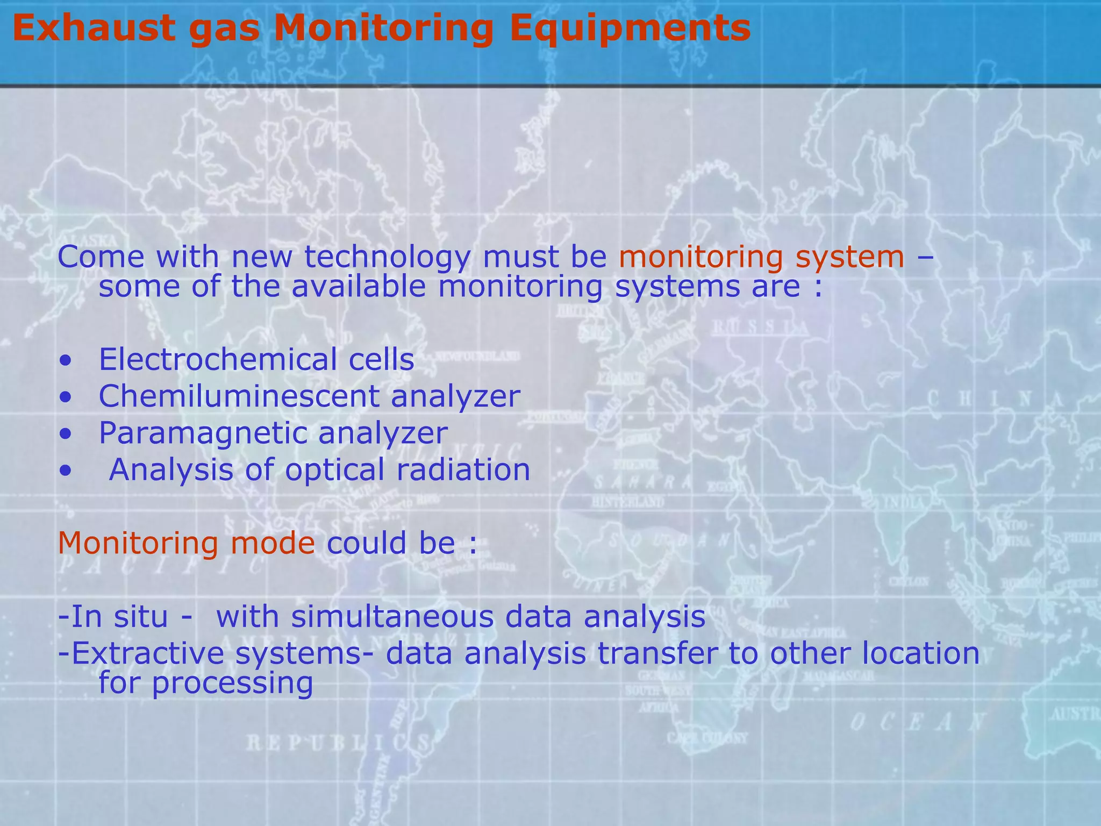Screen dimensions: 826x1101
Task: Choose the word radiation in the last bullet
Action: (x=463, y=469)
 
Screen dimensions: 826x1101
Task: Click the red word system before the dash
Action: (x=850, y=257)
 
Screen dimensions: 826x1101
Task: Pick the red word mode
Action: (x=272, y=543)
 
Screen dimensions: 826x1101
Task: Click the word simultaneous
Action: (x=392, y=616)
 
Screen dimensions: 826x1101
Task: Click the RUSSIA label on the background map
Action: (x=760, y=327)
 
